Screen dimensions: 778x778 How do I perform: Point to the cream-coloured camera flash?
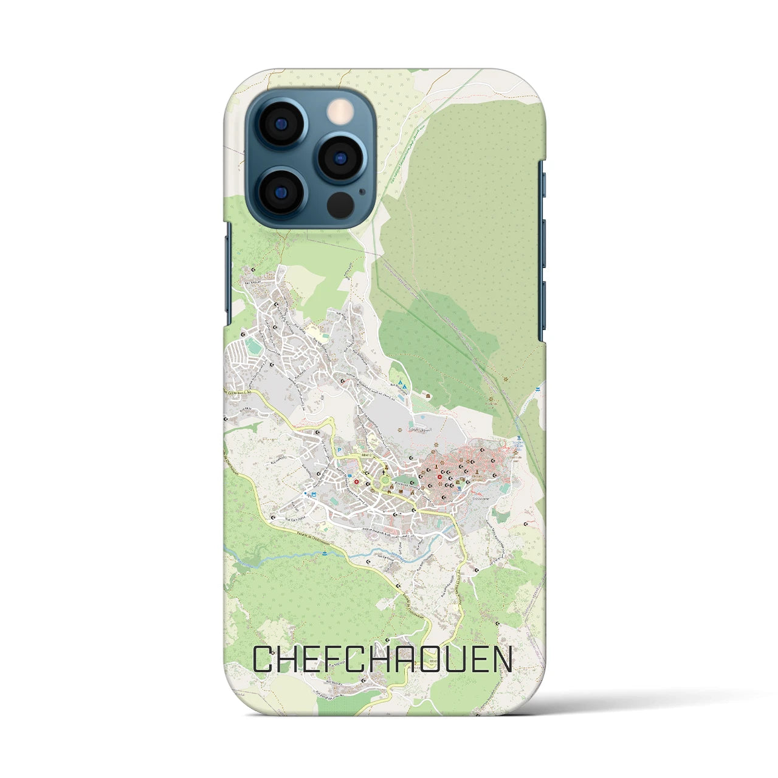click(x=341, y=112)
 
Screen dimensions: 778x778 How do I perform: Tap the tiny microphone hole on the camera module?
click(x=363, y=190)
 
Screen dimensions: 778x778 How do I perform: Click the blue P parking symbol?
click(x=339, y=450)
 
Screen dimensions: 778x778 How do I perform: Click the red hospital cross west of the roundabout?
click(x=356, y=482)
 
